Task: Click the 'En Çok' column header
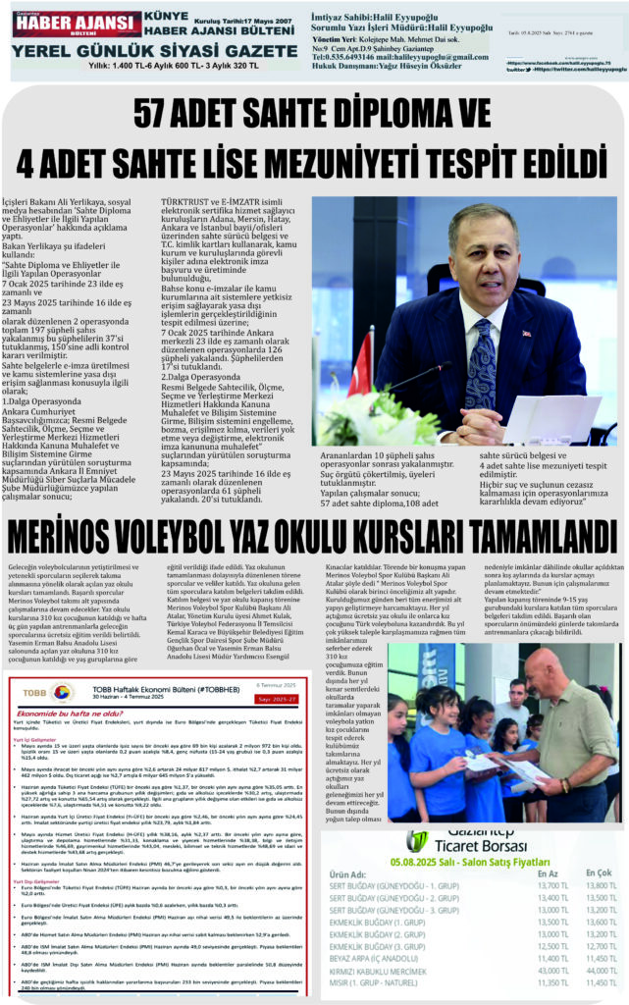(x=598, y=873)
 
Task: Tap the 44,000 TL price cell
(x=600, y=969)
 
